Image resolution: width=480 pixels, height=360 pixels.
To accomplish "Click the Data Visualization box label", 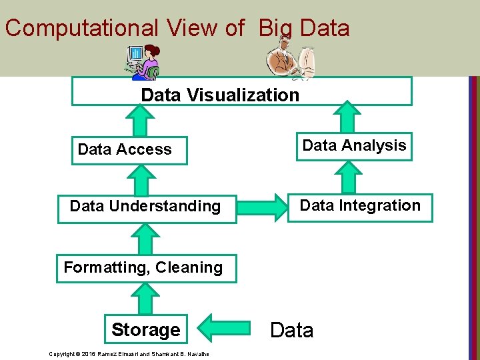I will (x=220, y=95).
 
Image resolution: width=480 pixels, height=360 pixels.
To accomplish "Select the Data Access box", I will (x=130, y=150).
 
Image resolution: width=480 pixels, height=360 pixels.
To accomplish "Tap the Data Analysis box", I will (x=354, y=146).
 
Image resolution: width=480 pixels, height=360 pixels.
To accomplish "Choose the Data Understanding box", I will (x=145, y=206).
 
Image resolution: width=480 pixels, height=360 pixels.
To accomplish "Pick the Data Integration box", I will (x=360, y=206).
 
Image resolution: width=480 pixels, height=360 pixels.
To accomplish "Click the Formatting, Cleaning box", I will (x=143, y=267).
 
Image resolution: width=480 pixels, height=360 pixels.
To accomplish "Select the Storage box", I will (x=146, y=329).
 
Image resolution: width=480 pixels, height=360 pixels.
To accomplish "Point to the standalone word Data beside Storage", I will (x=291, y=330).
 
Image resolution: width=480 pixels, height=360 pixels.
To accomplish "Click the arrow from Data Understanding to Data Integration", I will (x=261, y=207).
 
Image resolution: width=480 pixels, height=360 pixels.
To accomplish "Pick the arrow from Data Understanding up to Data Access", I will (x=146, y=179).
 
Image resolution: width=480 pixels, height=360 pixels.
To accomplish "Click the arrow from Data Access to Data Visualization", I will (x=141, y=121).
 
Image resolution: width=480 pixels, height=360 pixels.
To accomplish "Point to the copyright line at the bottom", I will (x=129, y=353).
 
